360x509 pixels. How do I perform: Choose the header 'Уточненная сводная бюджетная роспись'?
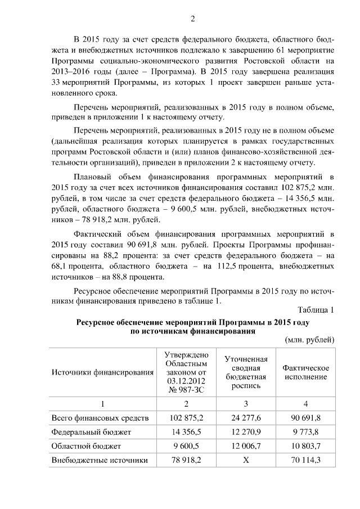pyautogui.click(x=246, y=372)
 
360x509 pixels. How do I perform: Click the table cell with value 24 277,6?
pyautogui.click(x=246, y=418)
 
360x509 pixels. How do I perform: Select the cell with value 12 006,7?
pyautogui.click(x=246, y=446)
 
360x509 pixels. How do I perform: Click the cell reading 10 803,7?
pyautogui.click(x=305, y=446)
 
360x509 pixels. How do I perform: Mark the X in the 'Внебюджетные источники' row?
pyautogui.click(x=246, y=460)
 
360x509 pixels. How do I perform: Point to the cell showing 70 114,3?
pyautogui.click(x=305, y=460)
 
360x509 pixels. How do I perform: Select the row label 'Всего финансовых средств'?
pyautogui.click(x=100, y=418)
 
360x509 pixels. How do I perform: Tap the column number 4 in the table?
pyautogui.click(x=305, y=403)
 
